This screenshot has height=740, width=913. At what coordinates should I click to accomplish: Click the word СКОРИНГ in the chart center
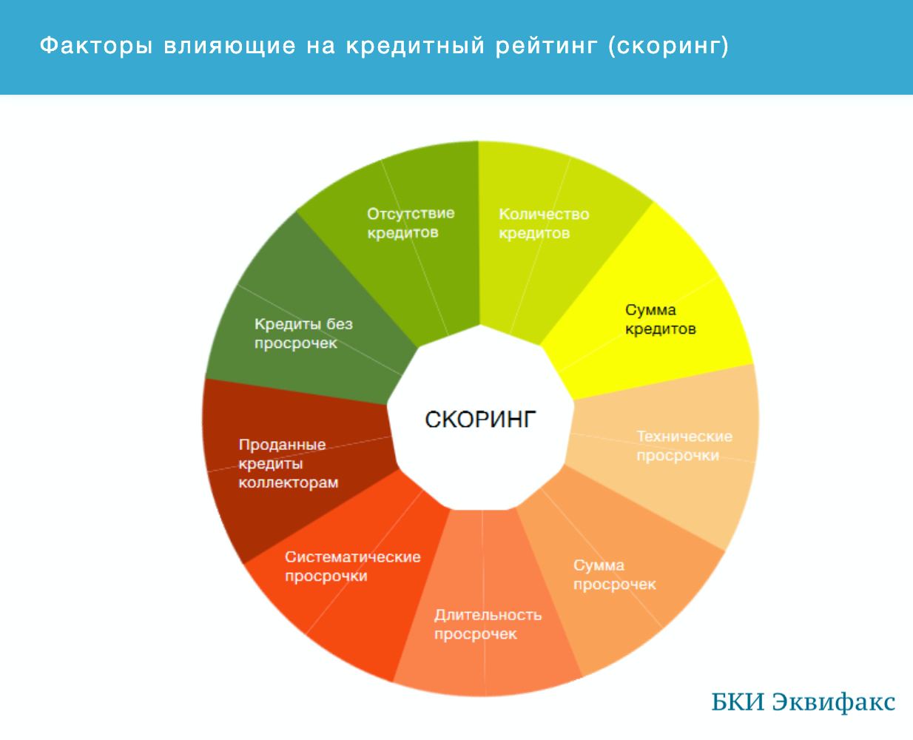[480, 420]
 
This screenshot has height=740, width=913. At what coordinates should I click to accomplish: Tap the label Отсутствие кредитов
[411, 223]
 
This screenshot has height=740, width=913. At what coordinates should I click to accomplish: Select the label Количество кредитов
[544, 223]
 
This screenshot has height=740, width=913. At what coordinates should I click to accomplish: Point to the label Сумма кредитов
[661, 320]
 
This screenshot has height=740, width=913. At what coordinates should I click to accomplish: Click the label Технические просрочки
[684, 446]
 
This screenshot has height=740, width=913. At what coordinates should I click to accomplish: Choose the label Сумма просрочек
[615, 575]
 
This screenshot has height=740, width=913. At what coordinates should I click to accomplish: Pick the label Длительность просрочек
[488, 625]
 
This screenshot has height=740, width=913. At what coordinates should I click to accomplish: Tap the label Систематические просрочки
[353, 566]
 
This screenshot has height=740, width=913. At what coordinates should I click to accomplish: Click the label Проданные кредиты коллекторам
[289, 463]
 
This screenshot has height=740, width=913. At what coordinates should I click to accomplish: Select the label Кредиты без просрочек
[303, 334]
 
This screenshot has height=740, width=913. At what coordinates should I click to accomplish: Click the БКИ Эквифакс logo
[803, 702]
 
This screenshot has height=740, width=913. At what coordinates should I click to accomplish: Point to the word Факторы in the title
[96, 45]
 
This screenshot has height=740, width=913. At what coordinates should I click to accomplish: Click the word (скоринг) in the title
[668, 47]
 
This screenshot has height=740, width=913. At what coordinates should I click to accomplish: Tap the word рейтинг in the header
[547, 47]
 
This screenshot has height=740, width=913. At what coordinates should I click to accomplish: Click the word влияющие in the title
[230, 46]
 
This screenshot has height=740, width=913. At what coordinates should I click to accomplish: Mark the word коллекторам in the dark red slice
[289, 482]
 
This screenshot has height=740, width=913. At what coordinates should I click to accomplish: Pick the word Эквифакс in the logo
[834, 702]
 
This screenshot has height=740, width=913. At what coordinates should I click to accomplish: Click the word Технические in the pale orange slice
[684, 437]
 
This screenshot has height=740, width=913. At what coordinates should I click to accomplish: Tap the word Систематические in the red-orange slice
[353, 557]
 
